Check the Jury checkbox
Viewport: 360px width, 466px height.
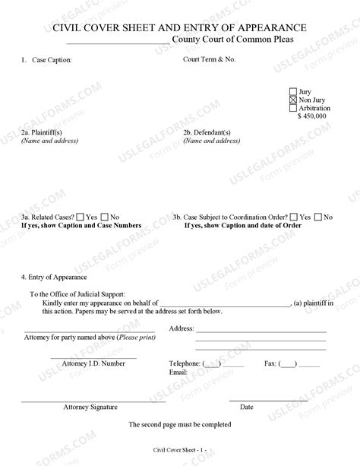point(293,92)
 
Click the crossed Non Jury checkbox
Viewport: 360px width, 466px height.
point(293,100)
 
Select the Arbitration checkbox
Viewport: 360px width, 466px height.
point(293,109)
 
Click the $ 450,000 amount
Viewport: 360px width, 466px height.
point(313,116)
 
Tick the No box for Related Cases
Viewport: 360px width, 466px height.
point(105,217)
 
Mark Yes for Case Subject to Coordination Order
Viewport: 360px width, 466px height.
point(293,217)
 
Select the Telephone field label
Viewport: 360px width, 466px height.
point(185,364)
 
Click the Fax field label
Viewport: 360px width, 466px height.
point(270,364)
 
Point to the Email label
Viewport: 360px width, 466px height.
point(178,372)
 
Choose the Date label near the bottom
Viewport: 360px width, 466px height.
point(247,407)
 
